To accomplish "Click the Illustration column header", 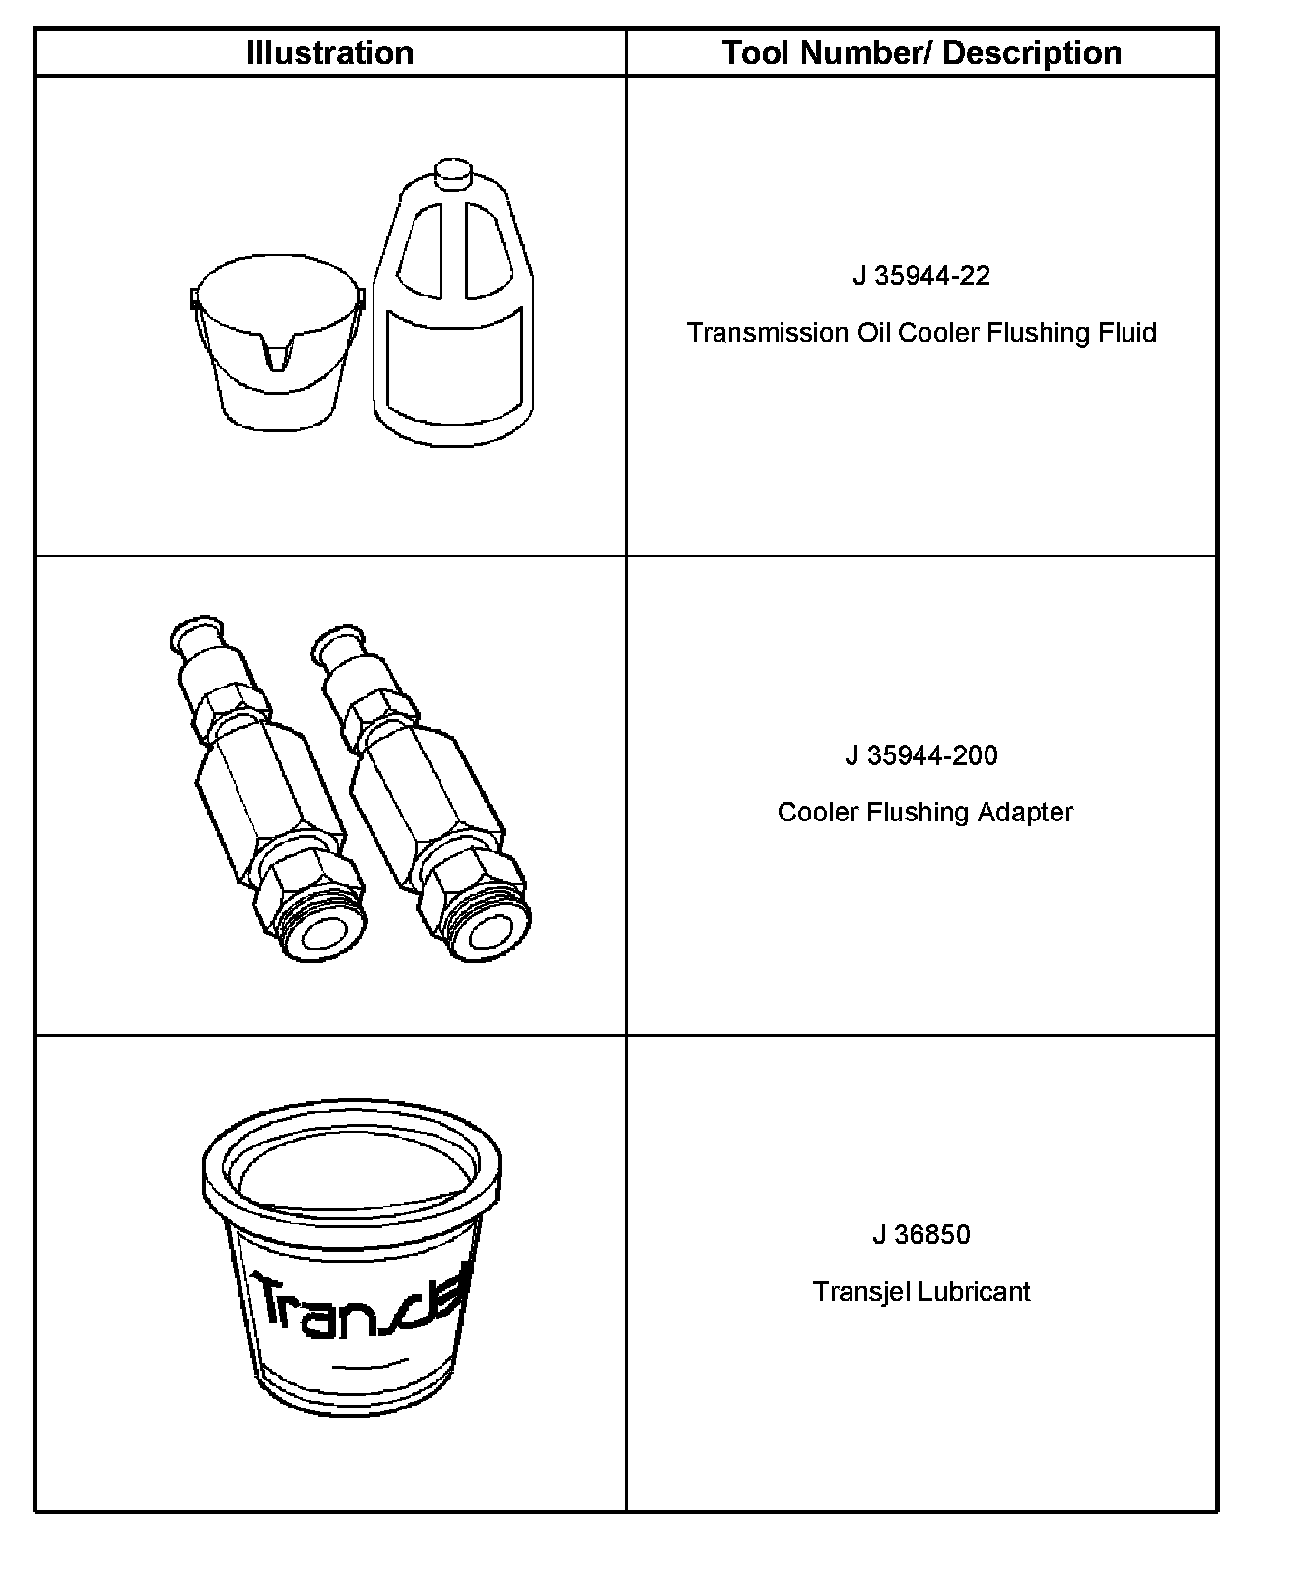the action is (330, 53).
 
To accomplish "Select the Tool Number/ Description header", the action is (921, 53).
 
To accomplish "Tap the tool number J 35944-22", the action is (921, 276).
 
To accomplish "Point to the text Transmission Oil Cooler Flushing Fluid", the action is (921, 333).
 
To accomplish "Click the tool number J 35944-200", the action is (921, 755).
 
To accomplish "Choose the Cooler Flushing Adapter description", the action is (925, 812).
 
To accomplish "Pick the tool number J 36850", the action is (921, 1235).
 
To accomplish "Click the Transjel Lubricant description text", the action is (921, 1291).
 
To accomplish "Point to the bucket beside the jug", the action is (277, 343).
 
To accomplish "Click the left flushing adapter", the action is (267, 789).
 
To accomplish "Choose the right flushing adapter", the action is (421, 794).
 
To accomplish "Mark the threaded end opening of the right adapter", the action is (489, 935).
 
